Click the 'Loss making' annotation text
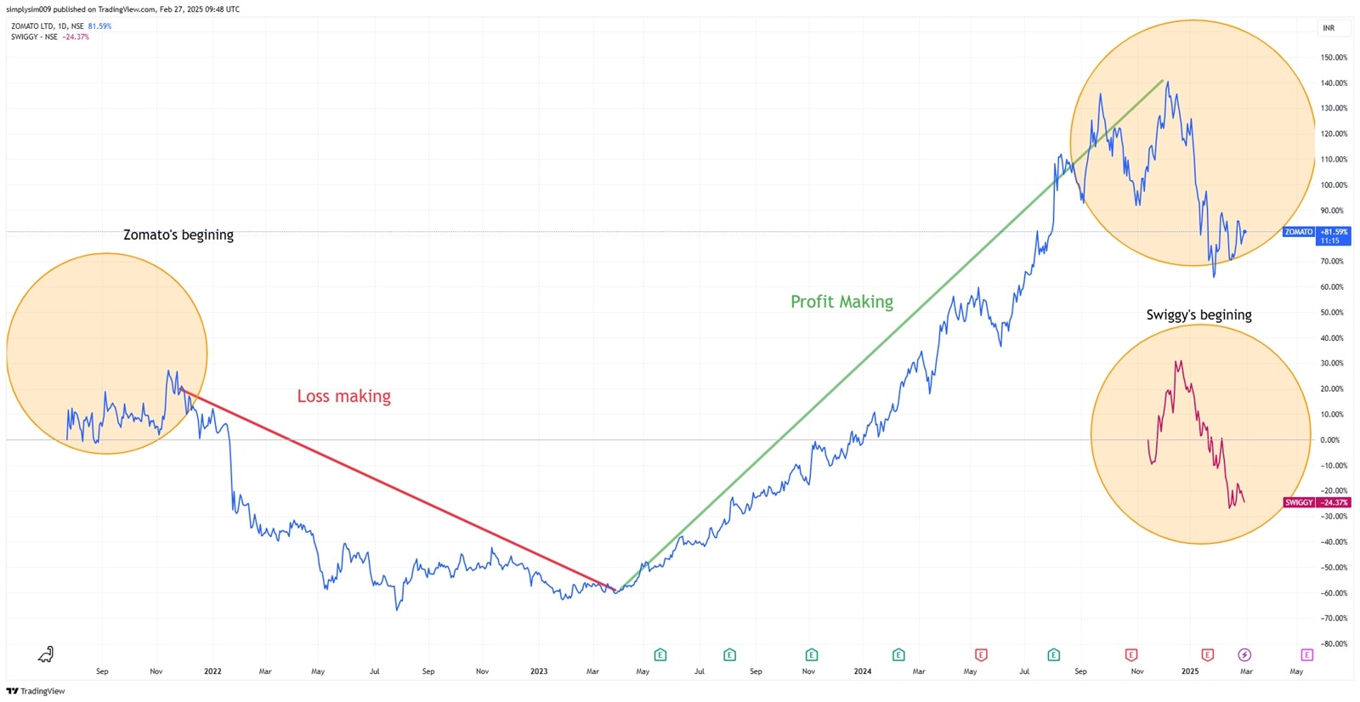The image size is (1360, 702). tap(343, 396)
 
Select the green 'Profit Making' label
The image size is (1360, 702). tap(841, 302)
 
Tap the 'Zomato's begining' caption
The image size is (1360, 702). tap(178, 235)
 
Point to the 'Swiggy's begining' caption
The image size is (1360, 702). tap(1198, 314)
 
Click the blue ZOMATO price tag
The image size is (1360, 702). tap(1299, 232)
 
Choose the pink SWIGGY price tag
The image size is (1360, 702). tap(1299, 502)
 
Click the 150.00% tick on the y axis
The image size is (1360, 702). tap(1334, 58)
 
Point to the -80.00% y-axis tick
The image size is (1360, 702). tap(1334, 644)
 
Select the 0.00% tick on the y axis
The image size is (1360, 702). tap(1329, 440)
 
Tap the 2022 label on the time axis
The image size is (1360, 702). tap(212, 671)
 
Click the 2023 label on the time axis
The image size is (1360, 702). tap(539, 671)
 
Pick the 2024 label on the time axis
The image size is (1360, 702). tap(863, 671)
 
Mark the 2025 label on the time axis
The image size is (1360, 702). tap(1190, 671)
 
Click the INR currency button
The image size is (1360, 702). tap(1329, 28)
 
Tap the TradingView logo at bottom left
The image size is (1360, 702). tap(36, 691)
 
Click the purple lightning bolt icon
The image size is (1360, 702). tap(1244, 654)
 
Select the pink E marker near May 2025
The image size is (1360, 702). tap(1307, 654)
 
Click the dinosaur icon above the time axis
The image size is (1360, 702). tap(46, 654)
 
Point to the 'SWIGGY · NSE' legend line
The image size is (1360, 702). tap(34, 37)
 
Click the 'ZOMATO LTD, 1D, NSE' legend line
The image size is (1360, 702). tap(47, 26)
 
